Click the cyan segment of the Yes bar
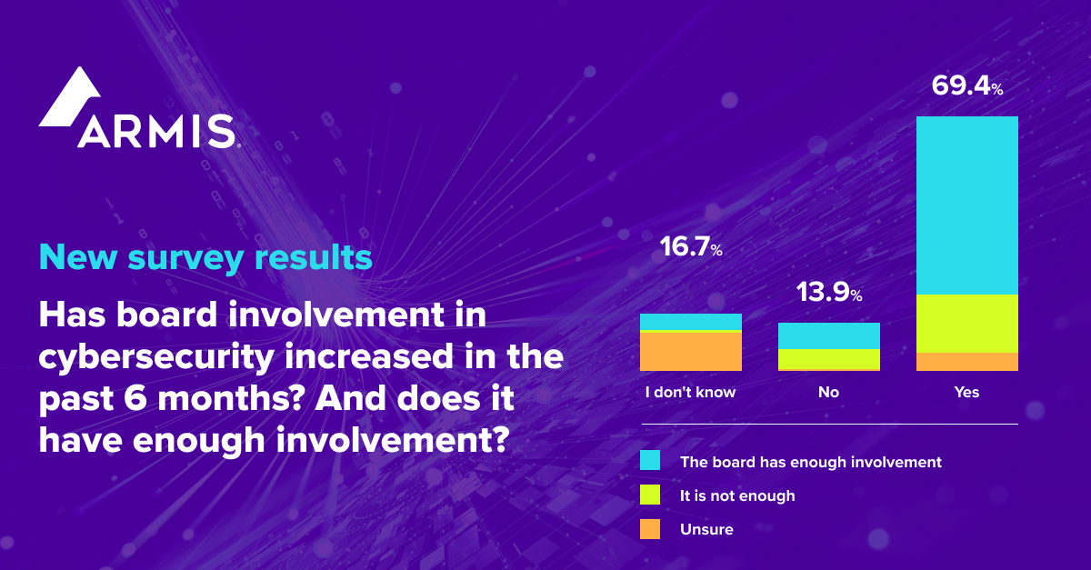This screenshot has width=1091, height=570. point(966,205)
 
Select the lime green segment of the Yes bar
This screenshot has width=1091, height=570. point(966,324)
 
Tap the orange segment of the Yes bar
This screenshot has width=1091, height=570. point(966,362)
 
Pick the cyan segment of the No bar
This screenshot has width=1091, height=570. point(828,335)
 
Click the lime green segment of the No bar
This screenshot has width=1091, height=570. point(828,360)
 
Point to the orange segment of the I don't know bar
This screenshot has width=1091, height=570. point(690,352)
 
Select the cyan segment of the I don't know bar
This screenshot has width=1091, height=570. point(690,322)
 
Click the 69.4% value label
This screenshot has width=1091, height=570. point(966,87)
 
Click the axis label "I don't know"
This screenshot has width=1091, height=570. point(690,393)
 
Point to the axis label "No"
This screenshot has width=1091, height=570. point(828,393)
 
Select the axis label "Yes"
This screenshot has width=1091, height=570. point(966,393)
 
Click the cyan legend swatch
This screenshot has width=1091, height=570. point(650,462)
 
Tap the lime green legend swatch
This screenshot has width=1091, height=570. point(650,495)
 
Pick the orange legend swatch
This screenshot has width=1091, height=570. point(650,529)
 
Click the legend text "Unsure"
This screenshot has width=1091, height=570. point(706,529)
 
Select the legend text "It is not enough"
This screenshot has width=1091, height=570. point(737,495)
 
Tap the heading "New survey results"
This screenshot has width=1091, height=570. point(205,257)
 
